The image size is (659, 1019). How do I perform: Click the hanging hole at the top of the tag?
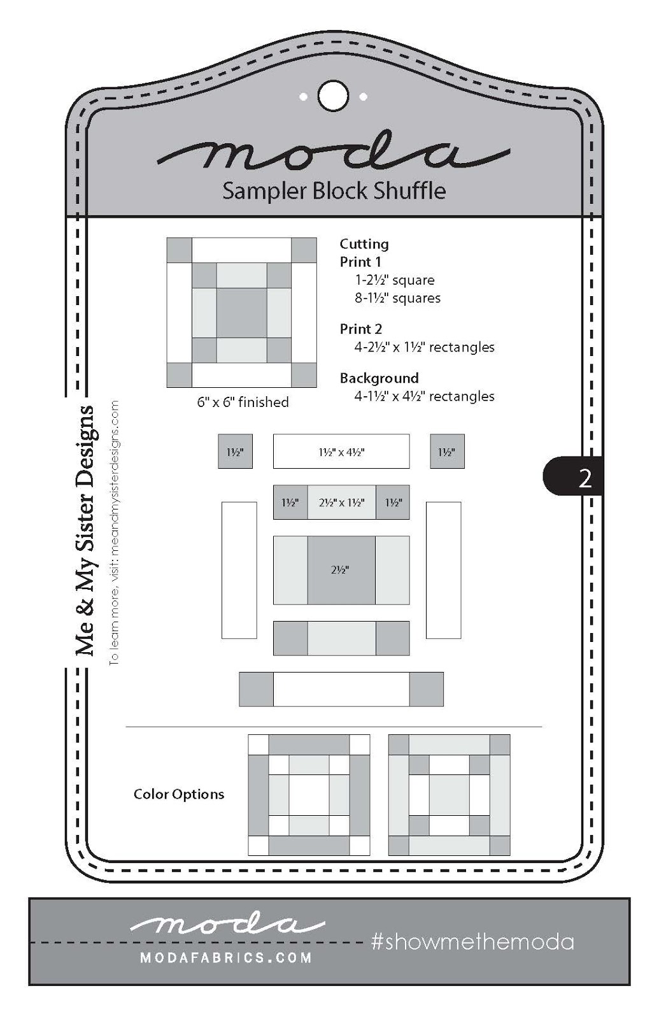333,96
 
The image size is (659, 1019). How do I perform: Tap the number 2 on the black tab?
585,478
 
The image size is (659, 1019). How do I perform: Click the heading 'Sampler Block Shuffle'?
334,190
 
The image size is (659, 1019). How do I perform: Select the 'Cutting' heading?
364,244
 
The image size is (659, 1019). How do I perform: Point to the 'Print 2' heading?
360,329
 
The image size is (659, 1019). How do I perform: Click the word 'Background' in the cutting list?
379,378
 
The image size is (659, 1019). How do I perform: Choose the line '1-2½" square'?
395,280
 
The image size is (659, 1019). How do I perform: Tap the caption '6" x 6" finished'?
243,403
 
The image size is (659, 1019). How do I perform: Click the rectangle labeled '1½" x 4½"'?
341,452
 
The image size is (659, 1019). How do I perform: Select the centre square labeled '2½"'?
341,570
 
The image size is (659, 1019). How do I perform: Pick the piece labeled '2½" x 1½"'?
341,502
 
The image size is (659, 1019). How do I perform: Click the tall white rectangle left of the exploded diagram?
239,570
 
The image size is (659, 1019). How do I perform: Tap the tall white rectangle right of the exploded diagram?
443,570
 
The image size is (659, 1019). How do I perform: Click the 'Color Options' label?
179,794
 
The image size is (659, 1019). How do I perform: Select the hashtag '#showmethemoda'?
472,942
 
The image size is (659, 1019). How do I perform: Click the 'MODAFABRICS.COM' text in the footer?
226,957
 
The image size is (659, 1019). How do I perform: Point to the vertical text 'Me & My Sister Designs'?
85,531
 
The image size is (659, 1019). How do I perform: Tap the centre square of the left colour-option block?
309,795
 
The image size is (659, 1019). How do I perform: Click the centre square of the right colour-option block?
449,795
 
